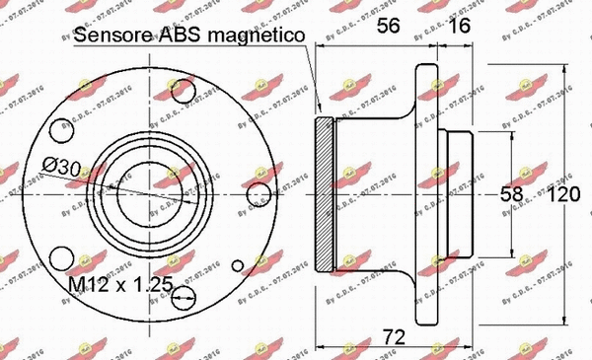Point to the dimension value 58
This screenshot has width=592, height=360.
(512, 194)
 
